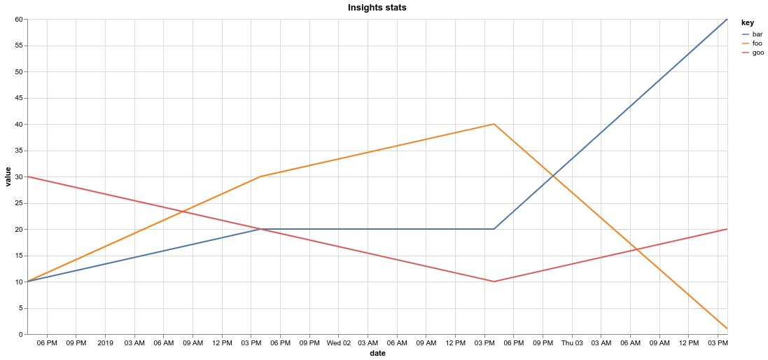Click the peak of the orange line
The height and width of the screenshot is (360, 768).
(494, 125)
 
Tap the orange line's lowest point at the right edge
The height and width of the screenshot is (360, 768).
(727, 328)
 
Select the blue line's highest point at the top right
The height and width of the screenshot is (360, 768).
(727, 21)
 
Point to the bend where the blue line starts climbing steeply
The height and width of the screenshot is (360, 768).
(494, 228)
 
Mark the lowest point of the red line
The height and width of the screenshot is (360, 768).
(494, 281)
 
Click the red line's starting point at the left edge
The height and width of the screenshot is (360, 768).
(26, 176)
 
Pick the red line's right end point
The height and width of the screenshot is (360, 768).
(727, 229)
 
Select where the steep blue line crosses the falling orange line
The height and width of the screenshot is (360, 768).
(554, 177)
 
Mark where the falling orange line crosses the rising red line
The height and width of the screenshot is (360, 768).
(636, 249)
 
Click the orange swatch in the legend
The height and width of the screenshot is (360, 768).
(745, 44)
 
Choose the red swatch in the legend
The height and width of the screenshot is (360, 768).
(745, 53)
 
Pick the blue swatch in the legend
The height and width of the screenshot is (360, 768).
(745, 36)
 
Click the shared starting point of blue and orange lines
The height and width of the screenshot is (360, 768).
(26, 281)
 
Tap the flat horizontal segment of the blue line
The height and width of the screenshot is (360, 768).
(378, 228)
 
